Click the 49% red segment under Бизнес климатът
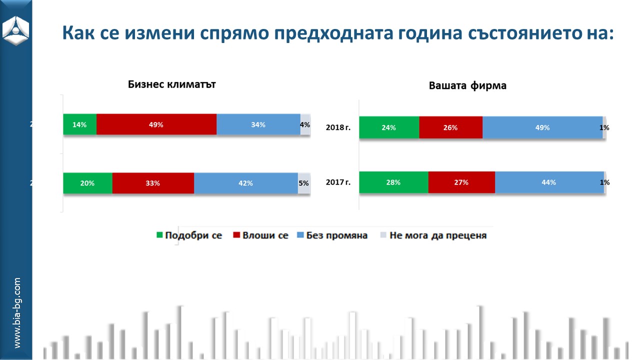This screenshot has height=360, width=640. click(156, 124)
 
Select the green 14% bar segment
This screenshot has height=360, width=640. click(79, 124)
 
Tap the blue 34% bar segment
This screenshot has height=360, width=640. click(258, 124)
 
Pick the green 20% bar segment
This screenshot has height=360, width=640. click(87, 183)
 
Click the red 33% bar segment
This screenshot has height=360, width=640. click(153, 183)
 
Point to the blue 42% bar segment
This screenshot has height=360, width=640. click(245, 183)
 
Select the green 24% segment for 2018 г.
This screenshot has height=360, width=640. click(389, 127)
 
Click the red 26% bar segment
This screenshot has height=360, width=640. click(450, 127)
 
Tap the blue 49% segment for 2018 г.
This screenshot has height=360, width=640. click(542, 127)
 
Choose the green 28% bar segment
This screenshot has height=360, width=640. click(393, 182)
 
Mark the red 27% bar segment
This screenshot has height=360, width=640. click(461, 182)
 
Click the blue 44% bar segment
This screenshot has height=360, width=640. click(548, 182)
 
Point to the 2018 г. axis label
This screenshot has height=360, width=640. click(338, 127)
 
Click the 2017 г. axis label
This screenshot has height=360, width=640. click(338, 182)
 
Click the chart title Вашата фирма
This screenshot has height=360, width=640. click(467, 85)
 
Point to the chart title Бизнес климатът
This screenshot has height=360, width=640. click(171, 84)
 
